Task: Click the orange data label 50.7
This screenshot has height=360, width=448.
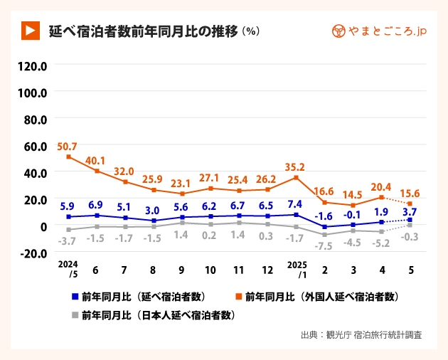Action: coord(68,146)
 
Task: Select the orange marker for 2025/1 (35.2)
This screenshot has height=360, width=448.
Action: coord(296,177)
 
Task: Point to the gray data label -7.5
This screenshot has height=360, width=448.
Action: coord(324,245)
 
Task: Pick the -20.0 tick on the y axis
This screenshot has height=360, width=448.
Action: coord(33,252)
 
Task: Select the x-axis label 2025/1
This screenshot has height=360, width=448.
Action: coord(296,268)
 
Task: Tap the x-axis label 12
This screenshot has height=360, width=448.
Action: coord(267,270)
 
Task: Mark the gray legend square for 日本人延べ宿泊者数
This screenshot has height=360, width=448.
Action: coord(75,314)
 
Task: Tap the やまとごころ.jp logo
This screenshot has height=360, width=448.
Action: coord(379,31)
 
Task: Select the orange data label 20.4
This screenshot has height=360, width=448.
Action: coord(381,187)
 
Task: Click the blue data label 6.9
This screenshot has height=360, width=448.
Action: coord(96,204)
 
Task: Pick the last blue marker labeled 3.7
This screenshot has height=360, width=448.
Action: coord(410,220)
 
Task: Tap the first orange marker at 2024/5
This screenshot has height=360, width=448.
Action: coord(68,157)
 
